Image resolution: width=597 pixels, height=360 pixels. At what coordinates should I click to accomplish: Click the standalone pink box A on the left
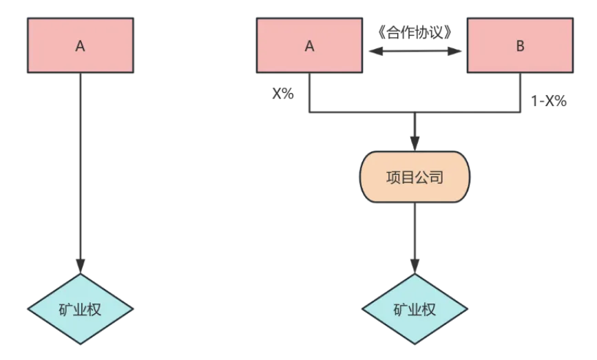(80, 45)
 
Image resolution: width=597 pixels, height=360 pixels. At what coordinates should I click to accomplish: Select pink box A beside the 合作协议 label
(309, 45)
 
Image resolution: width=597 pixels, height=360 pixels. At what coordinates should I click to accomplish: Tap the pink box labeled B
(520, 45)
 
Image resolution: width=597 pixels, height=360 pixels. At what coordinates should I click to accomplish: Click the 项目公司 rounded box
(415, 178)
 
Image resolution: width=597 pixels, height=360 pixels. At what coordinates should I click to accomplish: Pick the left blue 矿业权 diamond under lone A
(81, 309)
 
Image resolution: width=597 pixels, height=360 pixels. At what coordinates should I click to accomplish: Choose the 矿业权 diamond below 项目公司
(415, 309)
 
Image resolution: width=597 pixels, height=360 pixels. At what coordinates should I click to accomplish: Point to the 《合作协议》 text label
(415, 32)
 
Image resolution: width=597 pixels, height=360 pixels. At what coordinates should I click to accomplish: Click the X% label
(282, 94)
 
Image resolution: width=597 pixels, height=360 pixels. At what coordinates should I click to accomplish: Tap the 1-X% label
(548, 101)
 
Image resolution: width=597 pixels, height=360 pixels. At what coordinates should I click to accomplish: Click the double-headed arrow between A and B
(415, 51)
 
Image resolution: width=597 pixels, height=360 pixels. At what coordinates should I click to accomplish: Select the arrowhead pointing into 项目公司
(415, 144)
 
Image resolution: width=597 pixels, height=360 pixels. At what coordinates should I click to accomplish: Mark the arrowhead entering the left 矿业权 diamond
(81, 267)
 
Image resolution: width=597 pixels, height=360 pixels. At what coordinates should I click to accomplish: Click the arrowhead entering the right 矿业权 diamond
(415, 267)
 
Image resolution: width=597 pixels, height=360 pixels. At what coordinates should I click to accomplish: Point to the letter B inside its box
(520, 46)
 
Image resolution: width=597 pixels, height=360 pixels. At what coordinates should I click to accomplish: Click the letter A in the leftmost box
(80, 46)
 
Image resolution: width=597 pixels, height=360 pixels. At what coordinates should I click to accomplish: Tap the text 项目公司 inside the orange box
(415, 178)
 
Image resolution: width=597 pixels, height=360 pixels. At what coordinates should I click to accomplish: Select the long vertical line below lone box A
(81, 165)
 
